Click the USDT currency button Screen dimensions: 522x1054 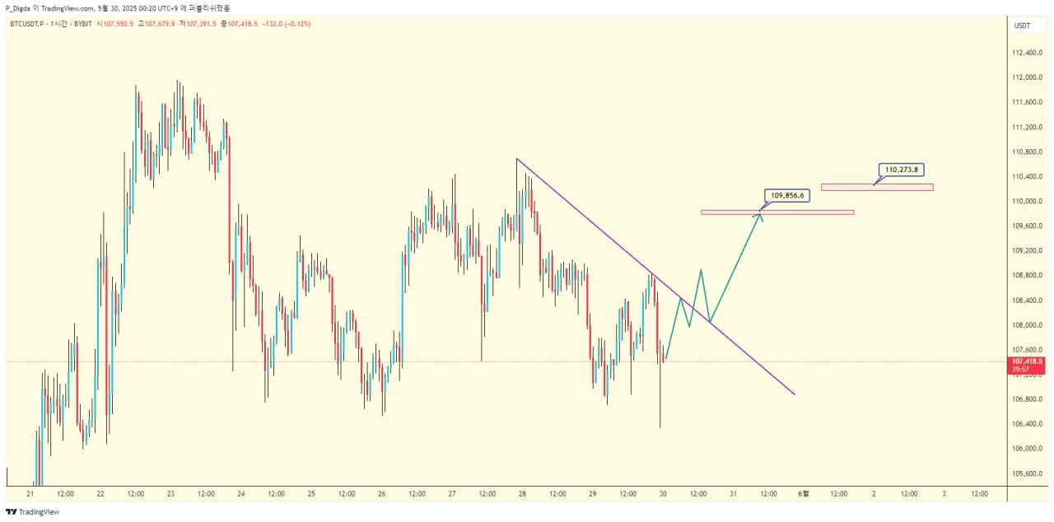tap(1022, 26)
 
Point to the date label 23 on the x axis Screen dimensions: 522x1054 tap(170, 494)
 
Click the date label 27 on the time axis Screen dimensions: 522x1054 tap(452, 494)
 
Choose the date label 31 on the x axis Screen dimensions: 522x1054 tap(733, 494)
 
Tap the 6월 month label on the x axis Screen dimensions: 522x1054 tap(804, 494)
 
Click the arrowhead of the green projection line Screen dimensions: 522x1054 tap(760, 217)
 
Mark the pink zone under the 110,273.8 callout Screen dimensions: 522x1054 tap(876, 187)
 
